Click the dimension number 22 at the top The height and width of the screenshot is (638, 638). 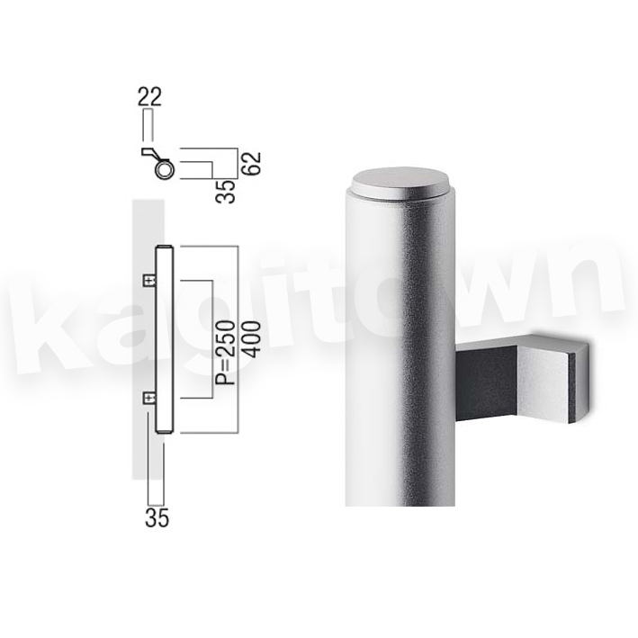click(x=149, y=96)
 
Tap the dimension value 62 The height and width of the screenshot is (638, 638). click(x=253, y=164)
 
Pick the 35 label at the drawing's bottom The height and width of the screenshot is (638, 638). click(x=157, y=518)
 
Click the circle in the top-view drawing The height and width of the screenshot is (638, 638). click(x=164, y=169)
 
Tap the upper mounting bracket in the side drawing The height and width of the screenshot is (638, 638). click(x=150, y=280)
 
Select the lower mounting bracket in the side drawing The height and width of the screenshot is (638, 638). click(x=149, y=398)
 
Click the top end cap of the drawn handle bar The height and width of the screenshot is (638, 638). click(x=166, y=247)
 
